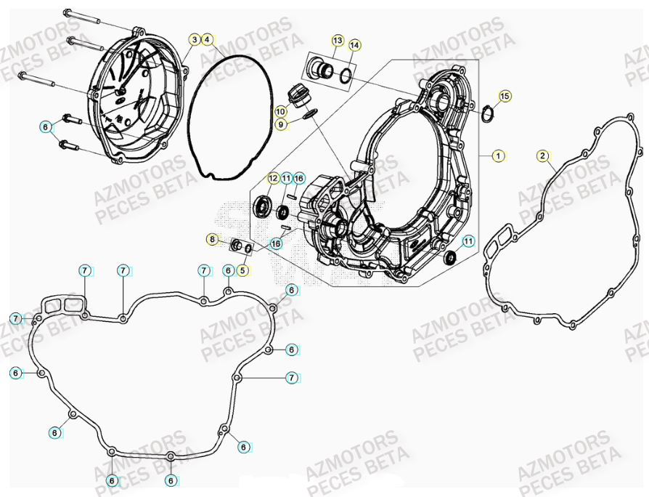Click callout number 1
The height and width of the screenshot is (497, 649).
pos(498,155)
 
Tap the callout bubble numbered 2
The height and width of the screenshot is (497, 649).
pos(542,155)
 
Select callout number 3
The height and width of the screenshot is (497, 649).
pos(195,39)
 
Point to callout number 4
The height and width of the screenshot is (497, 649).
pos(208,39)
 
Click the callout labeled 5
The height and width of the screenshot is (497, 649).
pos(242,270)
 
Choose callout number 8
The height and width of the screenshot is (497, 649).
pos(212,239)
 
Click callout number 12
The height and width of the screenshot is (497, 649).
pos(273,178)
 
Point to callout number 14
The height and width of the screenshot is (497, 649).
pos(354,45)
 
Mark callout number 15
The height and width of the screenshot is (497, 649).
pos(505,96)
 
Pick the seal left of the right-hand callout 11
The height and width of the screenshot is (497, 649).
pos(450,256)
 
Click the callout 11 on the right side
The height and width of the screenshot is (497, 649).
pos(468,241)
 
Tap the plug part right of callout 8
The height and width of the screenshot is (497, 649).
pos(237,245)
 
